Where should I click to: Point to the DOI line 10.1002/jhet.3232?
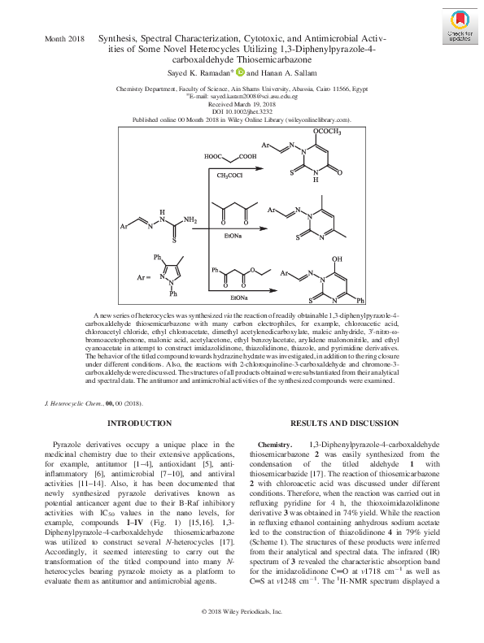[242, 111]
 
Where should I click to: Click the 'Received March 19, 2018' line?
[242, 103]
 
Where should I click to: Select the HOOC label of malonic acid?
[214, 156]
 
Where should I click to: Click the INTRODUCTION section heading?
[140, 424]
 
